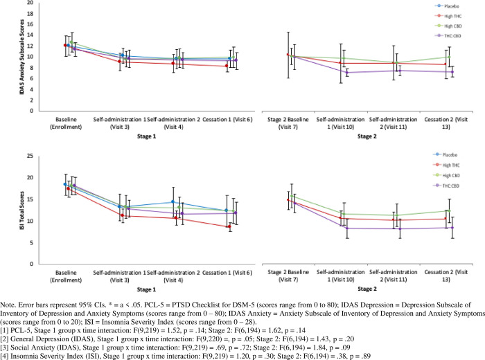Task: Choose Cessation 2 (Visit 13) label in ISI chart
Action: [x=453, y=276]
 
